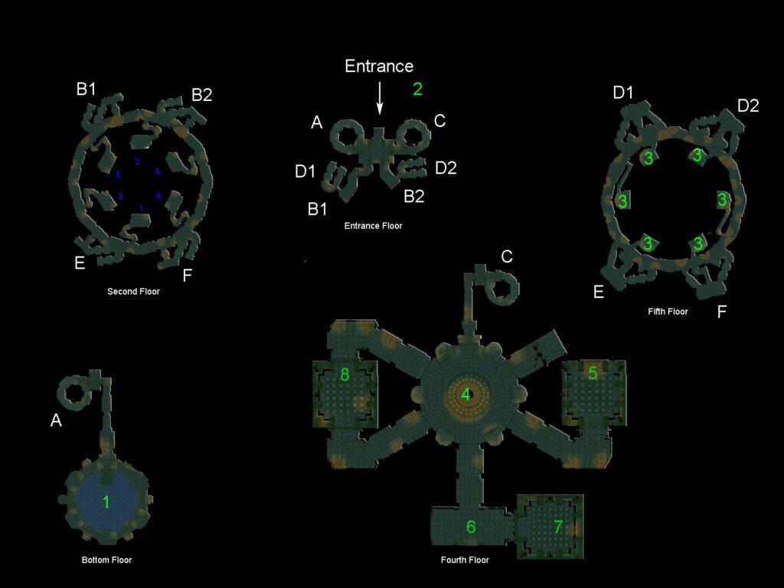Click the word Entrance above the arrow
(379, 67)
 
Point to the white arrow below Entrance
(379, 100)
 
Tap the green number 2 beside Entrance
(417, 89)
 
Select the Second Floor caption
(133, 292)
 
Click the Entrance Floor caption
(373, 226)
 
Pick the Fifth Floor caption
(668, 312)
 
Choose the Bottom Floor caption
(106, 560)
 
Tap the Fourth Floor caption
(465, 560)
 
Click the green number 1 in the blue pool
(106, 502)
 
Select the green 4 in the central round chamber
(465, 395)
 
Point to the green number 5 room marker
(593, 374)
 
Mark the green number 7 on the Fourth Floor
(557, 527)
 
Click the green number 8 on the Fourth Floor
(345, 374)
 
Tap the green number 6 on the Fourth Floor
(471, 527)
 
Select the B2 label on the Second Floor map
(201, 96)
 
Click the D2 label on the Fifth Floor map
(748, 106)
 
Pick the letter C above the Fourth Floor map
(507, 256)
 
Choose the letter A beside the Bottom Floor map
(56, 420)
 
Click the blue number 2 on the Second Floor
(137, 162)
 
